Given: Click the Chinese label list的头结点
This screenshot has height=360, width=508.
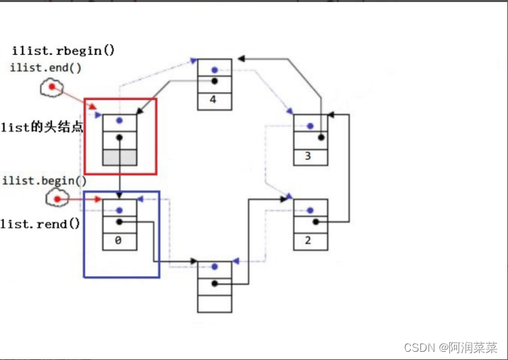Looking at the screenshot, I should coord(41,127).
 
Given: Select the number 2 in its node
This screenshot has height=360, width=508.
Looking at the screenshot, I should coord(309,240).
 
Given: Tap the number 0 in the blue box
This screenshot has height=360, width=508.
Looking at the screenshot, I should coord(119,240).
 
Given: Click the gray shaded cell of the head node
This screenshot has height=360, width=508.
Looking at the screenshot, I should coord(119,156).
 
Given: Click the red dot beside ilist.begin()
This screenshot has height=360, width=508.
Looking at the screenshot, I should coord(58,199).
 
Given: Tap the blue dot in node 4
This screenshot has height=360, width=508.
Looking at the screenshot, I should coord(214,69).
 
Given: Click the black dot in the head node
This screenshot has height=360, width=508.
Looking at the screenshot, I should coord(119,137).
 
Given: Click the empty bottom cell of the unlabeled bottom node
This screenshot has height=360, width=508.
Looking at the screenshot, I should coord(214,303).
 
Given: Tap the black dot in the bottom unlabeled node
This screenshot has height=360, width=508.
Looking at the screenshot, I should coord(214,283).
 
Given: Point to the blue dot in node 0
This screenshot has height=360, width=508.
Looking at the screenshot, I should coord(119,210).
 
